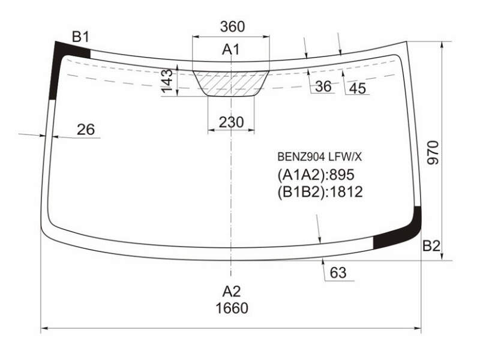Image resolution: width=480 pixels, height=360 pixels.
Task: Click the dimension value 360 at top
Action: [x=232, y=26]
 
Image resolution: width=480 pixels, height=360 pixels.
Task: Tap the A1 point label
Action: [x=231, y=49]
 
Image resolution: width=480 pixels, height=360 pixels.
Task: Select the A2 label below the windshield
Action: [x=232, y=292]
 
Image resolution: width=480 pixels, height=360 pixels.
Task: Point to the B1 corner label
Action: [x=80, y=37]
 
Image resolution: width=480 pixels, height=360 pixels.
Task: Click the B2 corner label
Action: [x=431, y=246]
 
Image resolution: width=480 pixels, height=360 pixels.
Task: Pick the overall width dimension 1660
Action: [x=232, y=308]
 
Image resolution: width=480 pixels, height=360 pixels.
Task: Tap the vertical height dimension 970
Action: [x=433, y=153]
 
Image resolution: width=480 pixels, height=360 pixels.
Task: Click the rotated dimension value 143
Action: [x=167, y=81]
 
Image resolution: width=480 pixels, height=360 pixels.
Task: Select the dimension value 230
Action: [x=232, y=122]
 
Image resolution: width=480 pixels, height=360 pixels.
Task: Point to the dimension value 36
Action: [x=323, y=86]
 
